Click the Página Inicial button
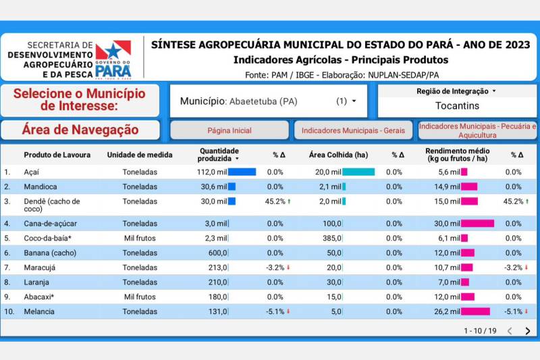pyautogui.click(x=229, y=130)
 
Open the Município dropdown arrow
pyautogui.click(x=354, y=101)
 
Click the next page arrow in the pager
pyautogui.click(x=528, y=331)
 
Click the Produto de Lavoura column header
pyautogui.click(x=57, y=155)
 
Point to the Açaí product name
pyautogui.click(x=32, y=172)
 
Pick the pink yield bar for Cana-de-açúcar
pyautogui.click(x=478, y=224)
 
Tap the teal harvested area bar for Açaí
pyautogui.click(x=358, y=172)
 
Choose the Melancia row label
pyautogui.click(x=39, y=311)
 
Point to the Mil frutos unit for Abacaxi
pyautogui.click(x=140, y=297)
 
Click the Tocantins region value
pyautogui.click(x=457, y=106)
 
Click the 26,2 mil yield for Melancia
pyautogui.click(x=448, y=311)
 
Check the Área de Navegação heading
pyautogui.click(x=80, y=130)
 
